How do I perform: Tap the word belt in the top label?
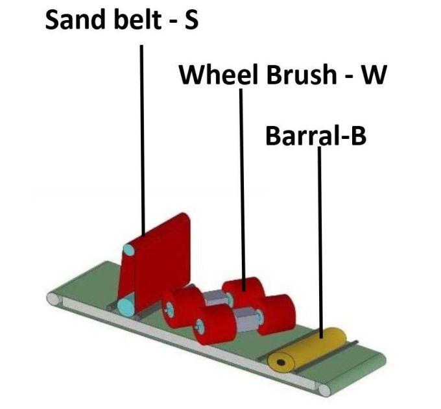[137, 19]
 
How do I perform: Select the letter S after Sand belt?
[191, 19]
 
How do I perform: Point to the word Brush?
[301, 75]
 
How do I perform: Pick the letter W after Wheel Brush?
[373, 75]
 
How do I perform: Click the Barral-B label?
[316, 136]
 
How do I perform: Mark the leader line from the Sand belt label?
[143, 140]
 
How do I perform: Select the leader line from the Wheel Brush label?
[243, 190]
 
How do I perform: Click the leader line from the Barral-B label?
[320, 242]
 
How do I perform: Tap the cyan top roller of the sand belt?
[128, 250]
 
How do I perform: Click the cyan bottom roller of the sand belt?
[126, 308]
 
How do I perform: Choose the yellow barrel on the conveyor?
[307, 350]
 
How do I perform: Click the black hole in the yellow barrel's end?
[280, 362]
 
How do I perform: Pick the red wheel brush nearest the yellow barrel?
[276, 314]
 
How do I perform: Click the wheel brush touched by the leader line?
[244, 292]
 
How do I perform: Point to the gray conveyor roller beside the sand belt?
[54, 299]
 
